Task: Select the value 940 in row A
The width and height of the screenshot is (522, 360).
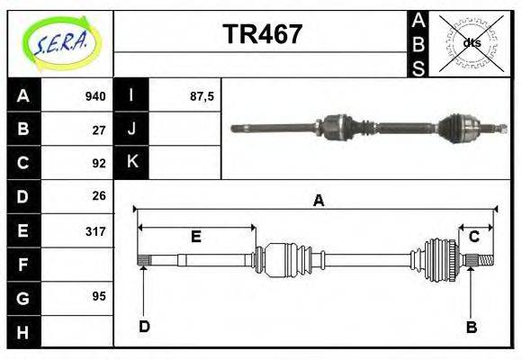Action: pos(95,96)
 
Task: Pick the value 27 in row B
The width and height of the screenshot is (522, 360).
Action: pos(99,130)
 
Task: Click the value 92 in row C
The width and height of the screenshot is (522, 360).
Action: pos(99,163)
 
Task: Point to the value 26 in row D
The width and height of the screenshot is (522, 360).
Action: pos(99,195)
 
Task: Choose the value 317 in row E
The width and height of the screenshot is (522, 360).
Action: pos(95,230)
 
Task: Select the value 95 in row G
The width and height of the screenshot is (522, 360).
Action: pos(99,296)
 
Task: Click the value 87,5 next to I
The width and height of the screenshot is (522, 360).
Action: pos(202,96)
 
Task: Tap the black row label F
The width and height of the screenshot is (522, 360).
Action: pos(23,265)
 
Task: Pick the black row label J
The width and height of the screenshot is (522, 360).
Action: pos(131,130)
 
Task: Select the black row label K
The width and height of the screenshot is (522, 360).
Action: pos(131,163)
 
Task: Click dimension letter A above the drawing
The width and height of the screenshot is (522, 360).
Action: pos(318,201)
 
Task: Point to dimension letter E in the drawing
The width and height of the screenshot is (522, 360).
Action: pos(195,237)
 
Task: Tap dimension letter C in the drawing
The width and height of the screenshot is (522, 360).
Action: pos(473,237)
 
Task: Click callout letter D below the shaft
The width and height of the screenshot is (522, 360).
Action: pos(144,327)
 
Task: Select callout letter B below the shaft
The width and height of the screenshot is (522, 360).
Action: pos(471,327)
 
